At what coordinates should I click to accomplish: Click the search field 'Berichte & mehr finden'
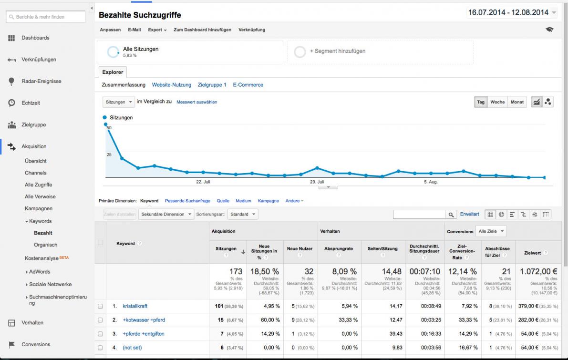click(x=46, y=17)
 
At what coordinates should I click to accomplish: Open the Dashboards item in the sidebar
click(x=35, y=38)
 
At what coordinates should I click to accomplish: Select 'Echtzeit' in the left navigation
click(x=31, y=103)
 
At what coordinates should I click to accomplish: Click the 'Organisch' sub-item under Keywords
click(x=46, y=245)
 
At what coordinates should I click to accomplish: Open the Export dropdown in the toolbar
click(x=157, y=30)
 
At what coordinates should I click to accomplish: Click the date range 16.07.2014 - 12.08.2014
click(x=508, y=13)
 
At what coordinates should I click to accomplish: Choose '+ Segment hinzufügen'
click(x=338, y=51)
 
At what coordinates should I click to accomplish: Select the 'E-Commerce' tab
click(x=248, y=85)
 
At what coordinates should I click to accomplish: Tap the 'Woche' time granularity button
click(x=497, y=102)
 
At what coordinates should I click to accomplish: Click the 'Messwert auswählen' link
click(x=196, y=102)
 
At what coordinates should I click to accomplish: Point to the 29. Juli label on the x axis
click(x=317, y=182)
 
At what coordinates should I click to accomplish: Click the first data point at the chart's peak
click(x=105, y=124)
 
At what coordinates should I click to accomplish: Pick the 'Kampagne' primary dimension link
click(x=269, y=201)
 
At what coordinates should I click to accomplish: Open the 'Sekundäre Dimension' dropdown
click(x=166, y=215)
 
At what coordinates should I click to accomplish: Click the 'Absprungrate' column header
click(x=338, y=249)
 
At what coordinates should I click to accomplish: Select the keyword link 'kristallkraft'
click(x=135, y=306)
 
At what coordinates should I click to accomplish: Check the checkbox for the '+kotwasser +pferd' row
click(x=100, y=320)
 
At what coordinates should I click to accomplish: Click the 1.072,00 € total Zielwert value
click(x=538, y=271)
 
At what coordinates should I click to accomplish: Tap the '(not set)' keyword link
click(x=132, y=348)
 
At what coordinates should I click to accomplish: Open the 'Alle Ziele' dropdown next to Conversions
click(x=491, y=231)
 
